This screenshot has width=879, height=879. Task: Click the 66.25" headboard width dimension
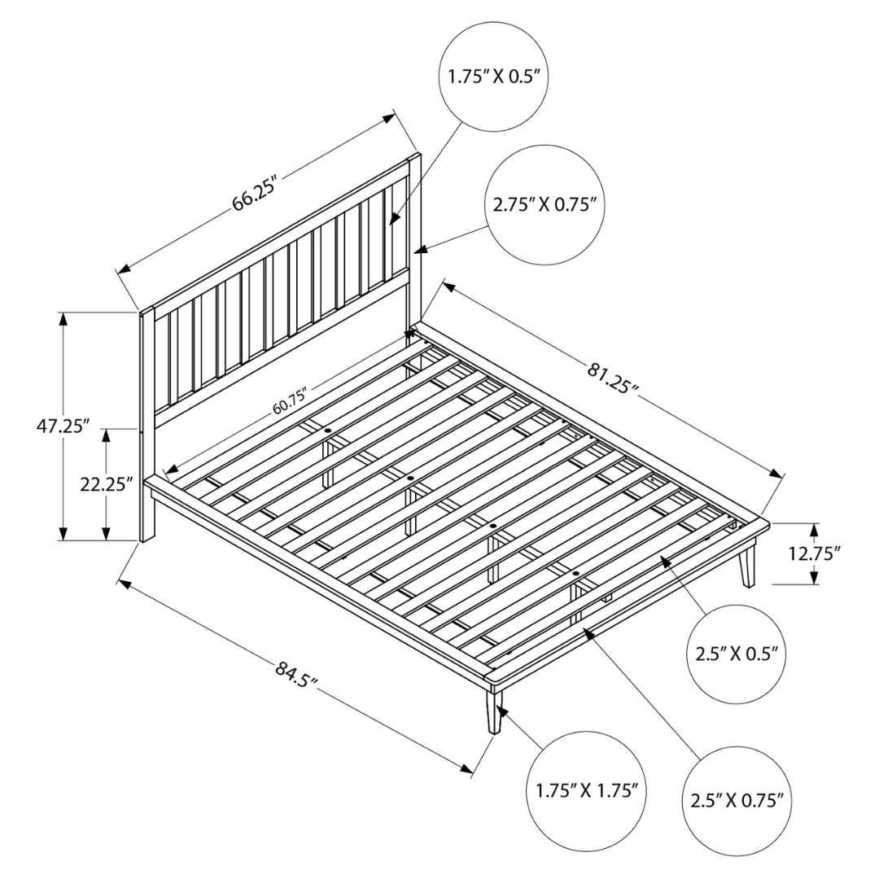(255, 194)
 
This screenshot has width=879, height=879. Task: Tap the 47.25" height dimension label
(63, 426)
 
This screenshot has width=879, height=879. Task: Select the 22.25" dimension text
(106, 484)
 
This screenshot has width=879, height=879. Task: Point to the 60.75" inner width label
(292, 401)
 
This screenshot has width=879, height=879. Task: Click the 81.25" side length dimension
(614, 378)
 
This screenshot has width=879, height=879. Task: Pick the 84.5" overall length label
(296, 675)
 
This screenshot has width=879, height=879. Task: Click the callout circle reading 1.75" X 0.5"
(493, 77)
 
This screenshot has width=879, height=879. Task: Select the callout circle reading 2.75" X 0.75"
(545, 205)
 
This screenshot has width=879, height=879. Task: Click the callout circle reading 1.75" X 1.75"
(588, 792)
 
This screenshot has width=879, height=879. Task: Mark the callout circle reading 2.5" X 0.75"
(737, 802)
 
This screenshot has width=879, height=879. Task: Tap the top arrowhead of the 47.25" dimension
(63, 319)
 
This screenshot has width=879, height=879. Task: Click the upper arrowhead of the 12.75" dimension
(815, 531)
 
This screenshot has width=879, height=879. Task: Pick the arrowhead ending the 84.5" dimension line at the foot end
(465, 768)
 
